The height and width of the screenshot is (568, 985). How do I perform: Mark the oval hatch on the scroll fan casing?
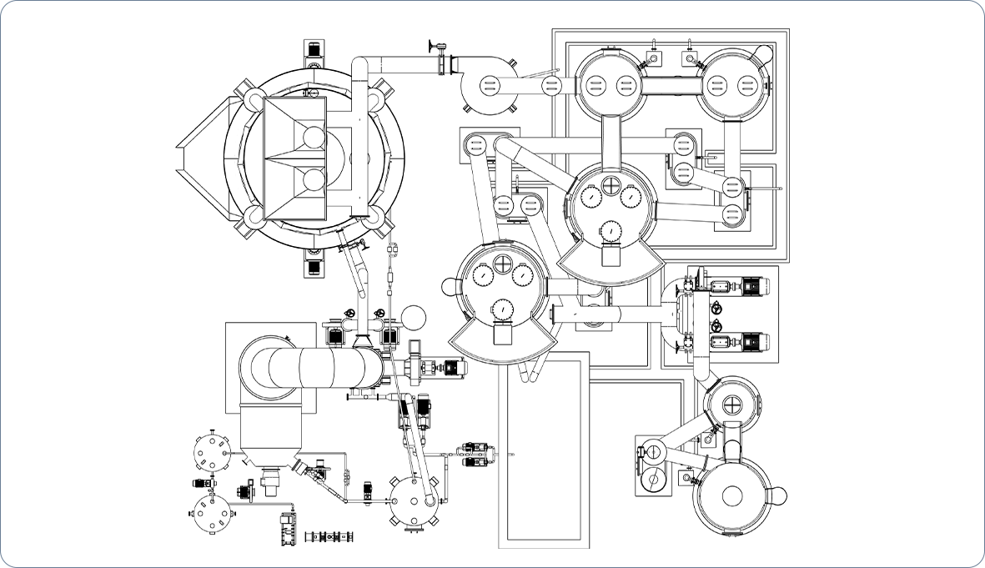point(489,84)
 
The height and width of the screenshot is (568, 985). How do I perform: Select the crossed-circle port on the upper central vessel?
point(611,183)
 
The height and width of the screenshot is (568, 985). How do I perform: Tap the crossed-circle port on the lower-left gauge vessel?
point(503,264)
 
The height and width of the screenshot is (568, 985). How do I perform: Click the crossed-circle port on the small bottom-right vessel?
point(732,405)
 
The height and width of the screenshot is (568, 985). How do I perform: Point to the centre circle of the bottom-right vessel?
point(733,495)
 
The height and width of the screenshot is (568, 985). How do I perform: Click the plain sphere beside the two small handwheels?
point(414,317)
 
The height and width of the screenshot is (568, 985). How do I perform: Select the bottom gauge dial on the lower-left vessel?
point(503,309)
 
